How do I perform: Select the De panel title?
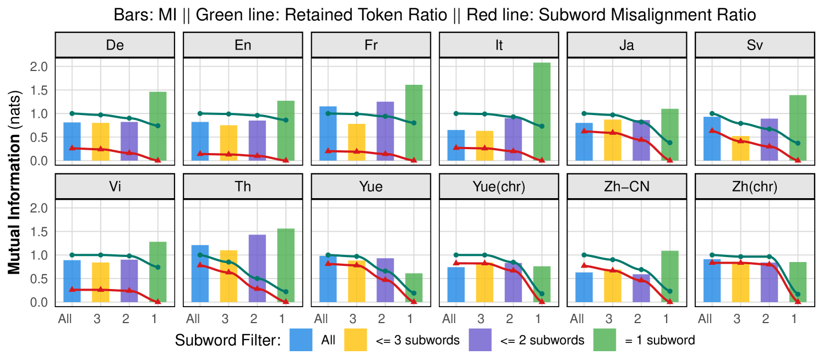pos(115,45)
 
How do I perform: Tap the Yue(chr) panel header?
pos(499,187)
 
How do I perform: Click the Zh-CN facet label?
pos(626,187)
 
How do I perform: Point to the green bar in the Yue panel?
pos(414,287)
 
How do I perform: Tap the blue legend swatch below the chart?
pos(301,340)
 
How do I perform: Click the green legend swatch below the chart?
pos(604,340)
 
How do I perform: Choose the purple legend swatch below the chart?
pos(480,340)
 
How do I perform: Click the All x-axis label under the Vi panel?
pos(65,319)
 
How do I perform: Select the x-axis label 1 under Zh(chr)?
pos(794,319)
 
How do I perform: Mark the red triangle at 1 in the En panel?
pos(285,160)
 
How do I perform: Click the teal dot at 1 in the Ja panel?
pos(669,143)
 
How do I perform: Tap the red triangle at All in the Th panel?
pos(200,265)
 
